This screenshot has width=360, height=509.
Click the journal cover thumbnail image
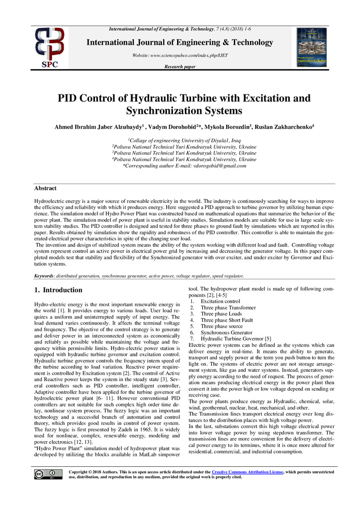(311, 47)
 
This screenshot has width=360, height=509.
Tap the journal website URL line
(180, 55)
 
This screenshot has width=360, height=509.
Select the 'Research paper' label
(180, 67)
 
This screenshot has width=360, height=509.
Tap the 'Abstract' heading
(45, 188)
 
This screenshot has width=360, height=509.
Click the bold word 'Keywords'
(44, 275)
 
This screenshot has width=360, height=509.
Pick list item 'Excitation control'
(220, 301)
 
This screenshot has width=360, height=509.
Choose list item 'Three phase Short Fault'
(227, 320)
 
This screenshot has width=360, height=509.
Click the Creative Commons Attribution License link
(247, 471)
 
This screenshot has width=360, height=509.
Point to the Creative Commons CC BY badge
(45, 474)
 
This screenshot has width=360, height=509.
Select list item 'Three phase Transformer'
(227, 308)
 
